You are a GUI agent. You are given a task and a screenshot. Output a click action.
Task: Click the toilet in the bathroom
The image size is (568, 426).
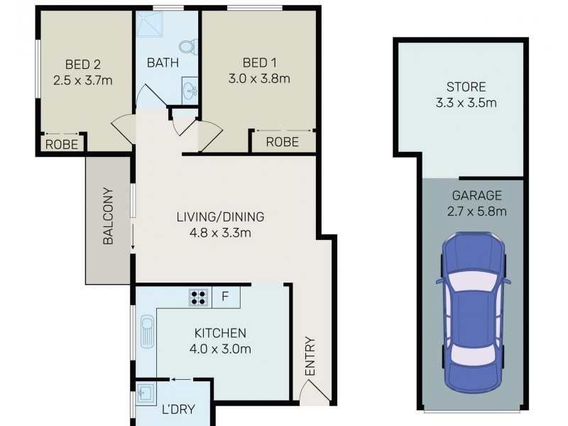point(187,48)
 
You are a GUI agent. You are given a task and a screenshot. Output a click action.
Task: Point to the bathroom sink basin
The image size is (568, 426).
point(190,91)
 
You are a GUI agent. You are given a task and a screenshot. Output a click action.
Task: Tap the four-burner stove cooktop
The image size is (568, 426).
point(198,297)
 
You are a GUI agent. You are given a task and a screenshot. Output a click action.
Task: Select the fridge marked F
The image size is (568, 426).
point(225,297)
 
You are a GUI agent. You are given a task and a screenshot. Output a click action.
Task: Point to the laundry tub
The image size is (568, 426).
point(147,393)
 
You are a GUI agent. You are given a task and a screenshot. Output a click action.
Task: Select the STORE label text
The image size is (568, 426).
point(466,87)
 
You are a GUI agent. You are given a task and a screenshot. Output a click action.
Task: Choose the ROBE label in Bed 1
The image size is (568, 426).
point(282,143)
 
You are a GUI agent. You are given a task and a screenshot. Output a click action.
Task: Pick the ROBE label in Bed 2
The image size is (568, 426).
point(62,143)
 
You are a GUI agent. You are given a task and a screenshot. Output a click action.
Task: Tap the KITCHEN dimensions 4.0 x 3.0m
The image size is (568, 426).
point(222,349)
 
